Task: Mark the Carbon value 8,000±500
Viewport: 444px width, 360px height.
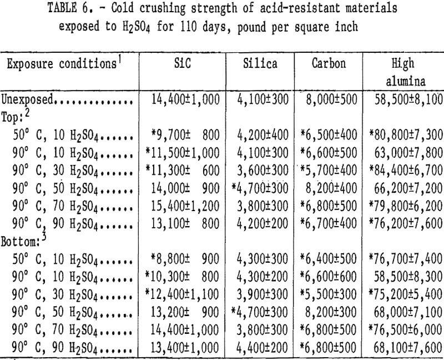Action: (x=329, y=100)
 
